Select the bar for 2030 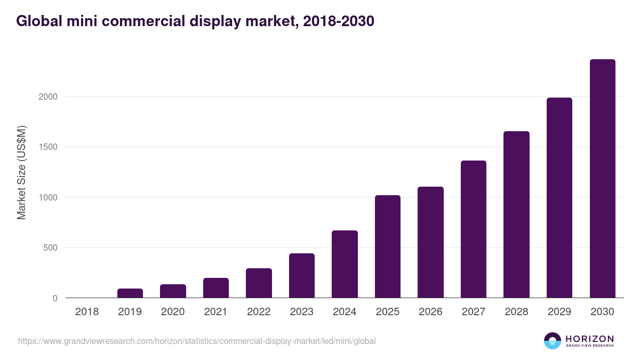coord(602,179)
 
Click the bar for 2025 coord(387,246)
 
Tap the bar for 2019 coord(130,293)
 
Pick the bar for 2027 coord(474,229)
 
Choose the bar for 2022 coord(259,283)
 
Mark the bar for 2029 coord(559,198)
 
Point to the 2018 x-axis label coord(87,312)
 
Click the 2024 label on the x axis coord(345,312)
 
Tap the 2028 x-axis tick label coord(516,312)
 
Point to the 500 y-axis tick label coord(50,248)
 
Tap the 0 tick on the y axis coord(55,298)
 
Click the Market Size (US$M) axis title coord(21,172)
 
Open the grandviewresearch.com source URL coord(197,341)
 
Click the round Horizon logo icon coord(552,341)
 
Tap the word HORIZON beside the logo coord(589,339)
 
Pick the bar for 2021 coord(216,288)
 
